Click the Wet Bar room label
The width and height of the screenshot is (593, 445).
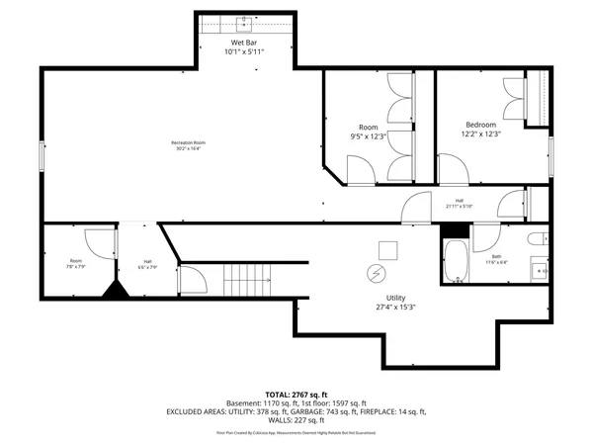pyautogui.click(x=245, y=44)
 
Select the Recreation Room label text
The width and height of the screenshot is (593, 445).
pyautogui.click(x=187, y=143)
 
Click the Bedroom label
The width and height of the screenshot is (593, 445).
pyautogui.click(x=481, y=124)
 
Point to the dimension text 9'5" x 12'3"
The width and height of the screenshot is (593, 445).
pyautogui.click(x=368, y=136)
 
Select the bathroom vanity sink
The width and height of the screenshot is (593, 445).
pyautogui.click(x=541, y=269)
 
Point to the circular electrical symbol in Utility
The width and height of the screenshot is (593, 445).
pyautogui.click(x=377, y=273)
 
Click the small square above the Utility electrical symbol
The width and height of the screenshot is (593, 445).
pyautogui.click(x=388, y=248)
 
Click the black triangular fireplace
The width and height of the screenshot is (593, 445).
pyautogui.click(x=118, y=291)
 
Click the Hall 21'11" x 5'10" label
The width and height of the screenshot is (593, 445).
pyautogui.click(x=461, y=202)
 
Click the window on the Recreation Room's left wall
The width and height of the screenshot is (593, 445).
pyautogui.click(x=42, y=155)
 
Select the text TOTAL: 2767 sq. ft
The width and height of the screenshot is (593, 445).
pyautogui.click(x=296, y=395)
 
